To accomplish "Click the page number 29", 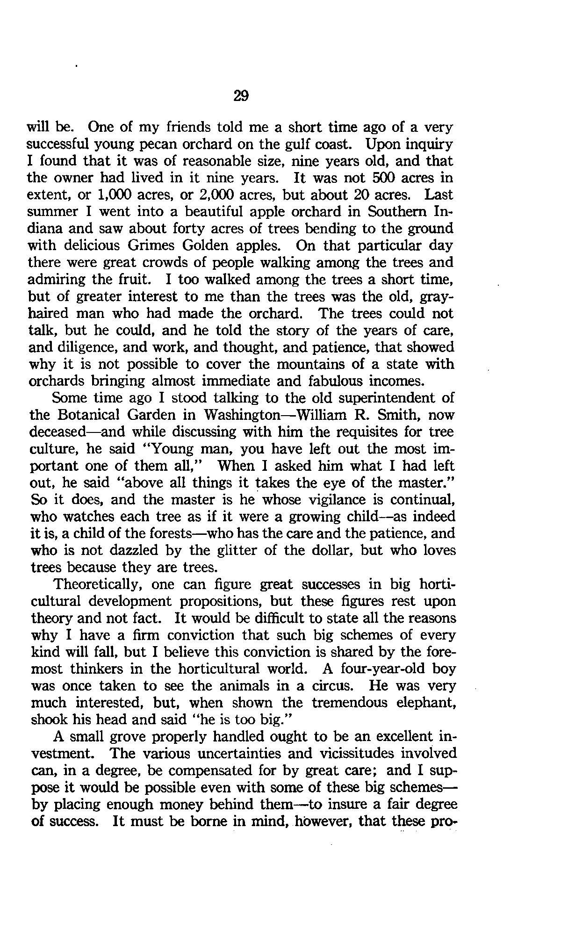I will click(241, 96).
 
